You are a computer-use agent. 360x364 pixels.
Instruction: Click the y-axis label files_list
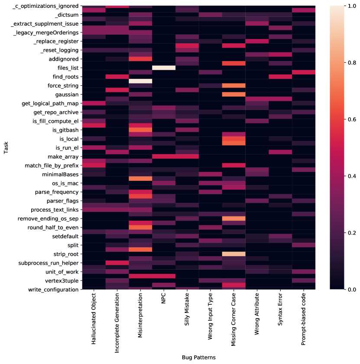click(65, 68)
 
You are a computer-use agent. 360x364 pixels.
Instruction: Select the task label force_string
click(61, 85)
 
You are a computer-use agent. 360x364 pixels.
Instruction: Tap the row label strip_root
click(65, 254)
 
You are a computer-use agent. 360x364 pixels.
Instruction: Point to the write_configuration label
click(53, 289)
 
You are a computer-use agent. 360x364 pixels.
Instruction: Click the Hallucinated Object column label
click(94, 323)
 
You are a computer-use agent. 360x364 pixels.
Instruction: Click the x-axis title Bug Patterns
click(199, 358)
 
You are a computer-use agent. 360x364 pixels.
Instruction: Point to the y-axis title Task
click(6, 148)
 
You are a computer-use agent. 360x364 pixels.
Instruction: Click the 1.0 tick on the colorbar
click(347, 6)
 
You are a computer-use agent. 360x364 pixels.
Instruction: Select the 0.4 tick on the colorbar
click(347, 176)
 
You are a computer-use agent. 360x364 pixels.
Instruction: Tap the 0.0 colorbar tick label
click(347, 289)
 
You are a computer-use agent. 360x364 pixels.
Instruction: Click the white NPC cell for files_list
click(164, 68)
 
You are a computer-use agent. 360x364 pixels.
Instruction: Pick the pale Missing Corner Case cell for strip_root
click(234, 254)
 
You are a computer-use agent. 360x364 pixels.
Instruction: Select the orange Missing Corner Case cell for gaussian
click(234, 94)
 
